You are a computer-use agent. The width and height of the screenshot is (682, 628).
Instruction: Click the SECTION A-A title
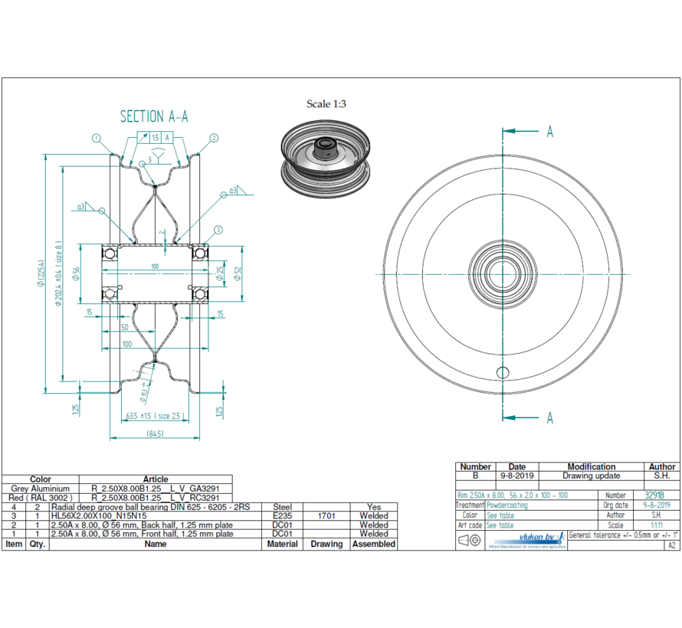click(154, 116)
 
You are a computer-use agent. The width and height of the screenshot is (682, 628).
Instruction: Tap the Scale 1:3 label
click(326, 104)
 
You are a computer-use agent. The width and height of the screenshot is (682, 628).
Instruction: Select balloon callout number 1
click(97, 139)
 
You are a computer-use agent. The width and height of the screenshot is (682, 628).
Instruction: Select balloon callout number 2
click(214, 139)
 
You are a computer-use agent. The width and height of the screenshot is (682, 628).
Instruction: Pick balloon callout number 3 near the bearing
click(218, 230)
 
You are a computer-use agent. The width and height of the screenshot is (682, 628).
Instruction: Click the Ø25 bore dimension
click(220, 273)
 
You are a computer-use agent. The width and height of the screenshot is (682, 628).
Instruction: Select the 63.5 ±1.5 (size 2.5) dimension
click(155, 416)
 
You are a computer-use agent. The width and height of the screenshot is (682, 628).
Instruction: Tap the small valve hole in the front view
click(502, 372)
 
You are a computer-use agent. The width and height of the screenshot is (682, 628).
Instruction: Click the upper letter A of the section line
click(549, 132)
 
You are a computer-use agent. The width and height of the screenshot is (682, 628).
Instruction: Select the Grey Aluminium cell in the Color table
click(41, 488)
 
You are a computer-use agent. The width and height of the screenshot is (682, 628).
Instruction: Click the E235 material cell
click(282, 515)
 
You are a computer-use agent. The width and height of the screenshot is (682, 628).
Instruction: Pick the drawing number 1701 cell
click(326, 515)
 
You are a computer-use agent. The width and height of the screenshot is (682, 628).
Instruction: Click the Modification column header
click(591, 466)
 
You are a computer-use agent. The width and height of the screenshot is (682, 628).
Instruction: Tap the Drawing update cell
click(591, 476)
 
